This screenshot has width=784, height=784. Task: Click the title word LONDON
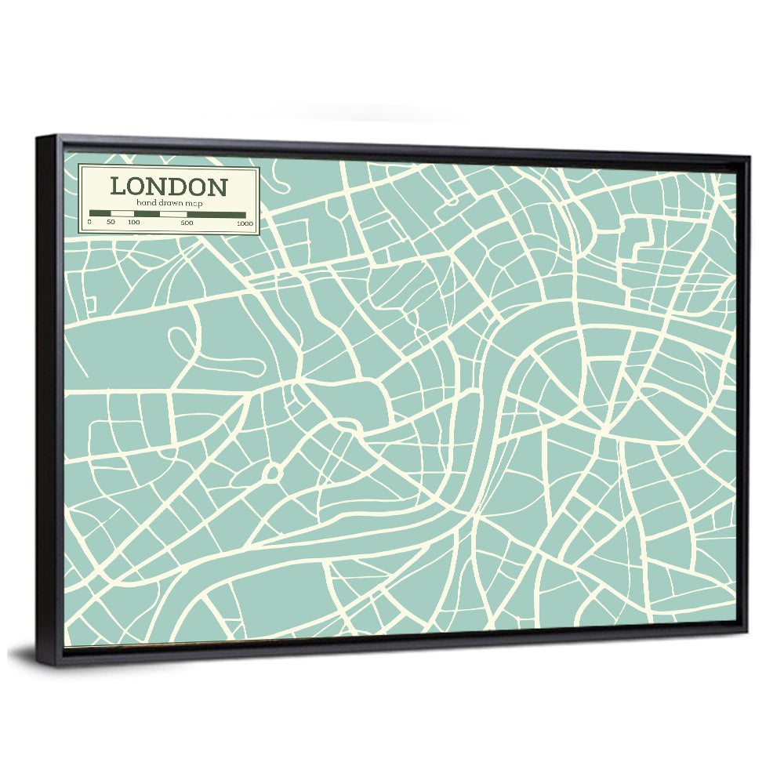(x=169, y=187)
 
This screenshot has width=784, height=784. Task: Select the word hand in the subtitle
(x=147, y=203)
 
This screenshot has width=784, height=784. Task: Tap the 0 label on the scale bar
(x=89, y=223)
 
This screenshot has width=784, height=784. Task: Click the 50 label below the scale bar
(x=111, y=223)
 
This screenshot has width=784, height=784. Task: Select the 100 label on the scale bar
(x=134, y=223)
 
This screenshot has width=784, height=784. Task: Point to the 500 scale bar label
(x=187, y=223)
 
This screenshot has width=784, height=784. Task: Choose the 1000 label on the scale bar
(x=245, y=223)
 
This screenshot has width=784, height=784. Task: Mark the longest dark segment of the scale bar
(x=216, y=213)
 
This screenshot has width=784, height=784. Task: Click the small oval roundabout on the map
(x=272, y=472)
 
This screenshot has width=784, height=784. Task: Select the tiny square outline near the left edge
(x=90, y=303)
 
